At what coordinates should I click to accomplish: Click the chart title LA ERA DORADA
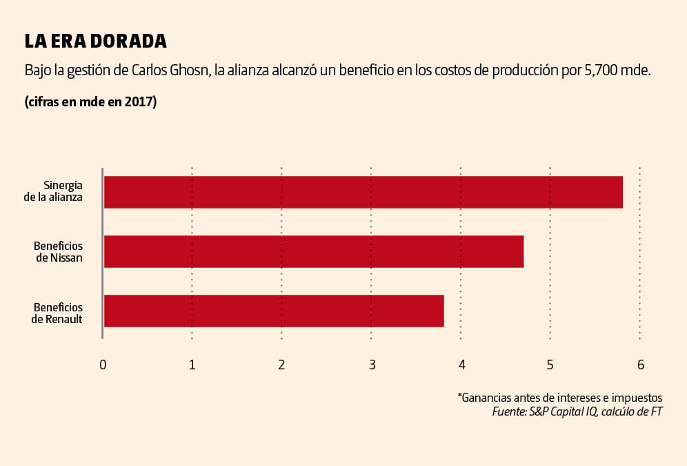pyautogui.click(x=95, y=41)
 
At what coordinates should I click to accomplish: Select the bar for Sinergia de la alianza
pyautogui.click(x=363, y=192)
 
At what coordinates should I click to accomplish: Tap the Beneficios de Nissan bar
pyautogui.click(x=313, y=251)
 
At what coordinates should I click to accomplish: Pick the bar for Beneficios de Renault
pyautogui.click(x=273, y=311)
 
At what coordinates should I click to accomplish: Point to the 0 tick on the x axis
pyautogui.click(x=103, y=365)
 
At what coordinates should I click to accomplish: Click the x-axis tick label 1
pyautogui.click(x=192, y=365)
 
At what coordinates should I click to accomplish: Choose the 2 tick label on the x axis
pyautogui.click(x=281, y=365)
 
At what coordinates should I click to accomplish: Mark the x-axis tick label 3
pyautogui.click(x=372, y=365)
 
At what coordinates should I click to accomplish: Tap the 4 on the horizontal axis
pyautogui.click(x=461, y=365)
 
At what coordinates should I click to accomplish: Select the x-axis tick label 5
pyautogui.click(x=550, y=365)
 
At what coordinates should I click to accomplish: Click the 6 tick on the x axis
pyautogui.click(x=641, y=365)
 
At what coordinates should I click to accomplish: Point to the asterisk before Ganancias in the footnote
pyautogui.click(x=459, y=396)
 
